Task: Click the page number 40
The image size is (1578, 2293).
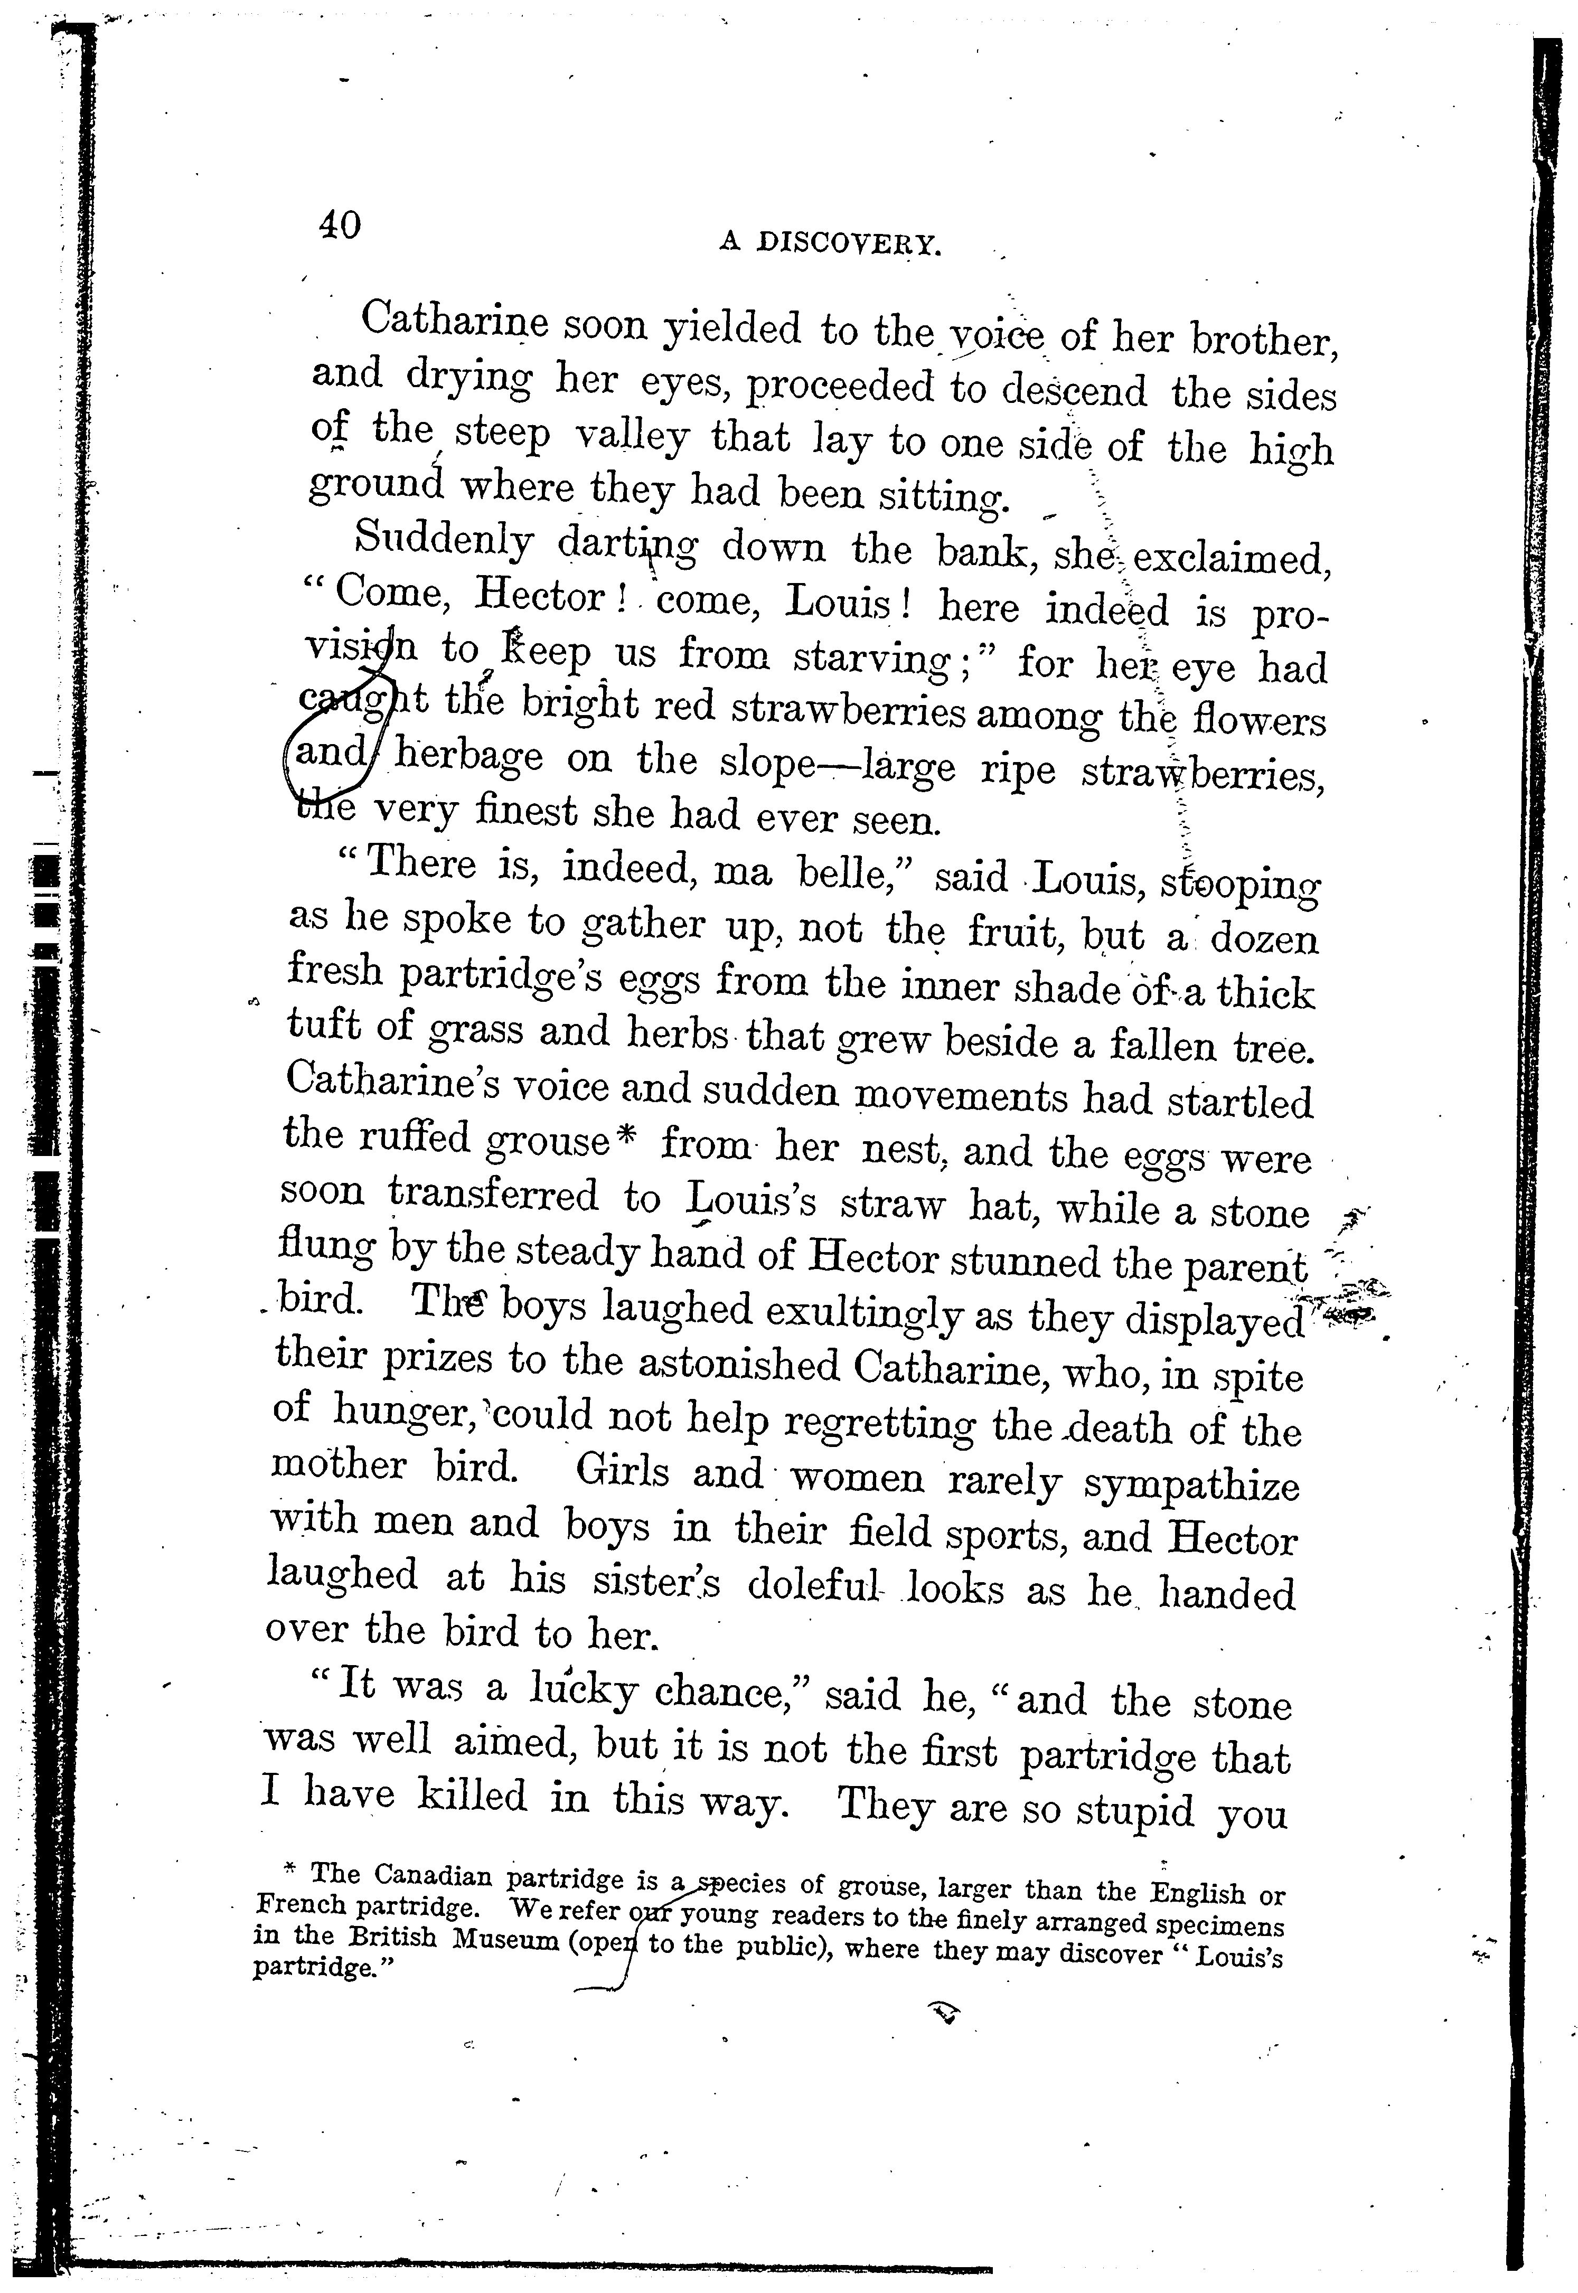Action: (339, 225)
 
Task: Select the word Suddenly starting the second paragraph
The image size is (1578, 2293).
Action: (444, 541)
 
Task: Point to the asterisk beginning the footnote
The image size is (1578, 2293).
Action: (290, 1867)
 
